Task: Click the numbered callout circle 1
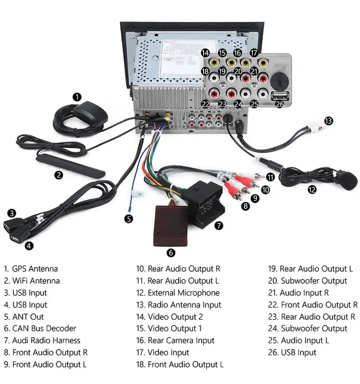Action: coord(77,97)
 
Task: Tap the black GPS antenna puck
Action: coord(88,114)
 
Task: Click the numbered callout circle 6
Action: coord(171,252)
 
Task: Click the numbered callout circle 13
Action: coord(328,120)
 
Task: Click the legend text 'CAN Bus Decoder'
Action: coord(44,329)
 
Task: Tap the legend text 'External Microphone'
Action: coord(183,293)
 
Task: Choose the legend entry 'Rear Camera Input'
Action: coord(181,341)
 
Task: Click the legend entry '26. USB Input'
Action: coord(292,353)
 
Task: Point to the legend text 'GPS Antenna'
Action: coord(35,269)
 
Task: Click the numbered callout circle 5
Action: coord(128,219)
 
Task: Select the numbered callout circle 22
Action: coord(205,103)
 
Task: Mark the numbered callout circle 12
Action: coord(312,190)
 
